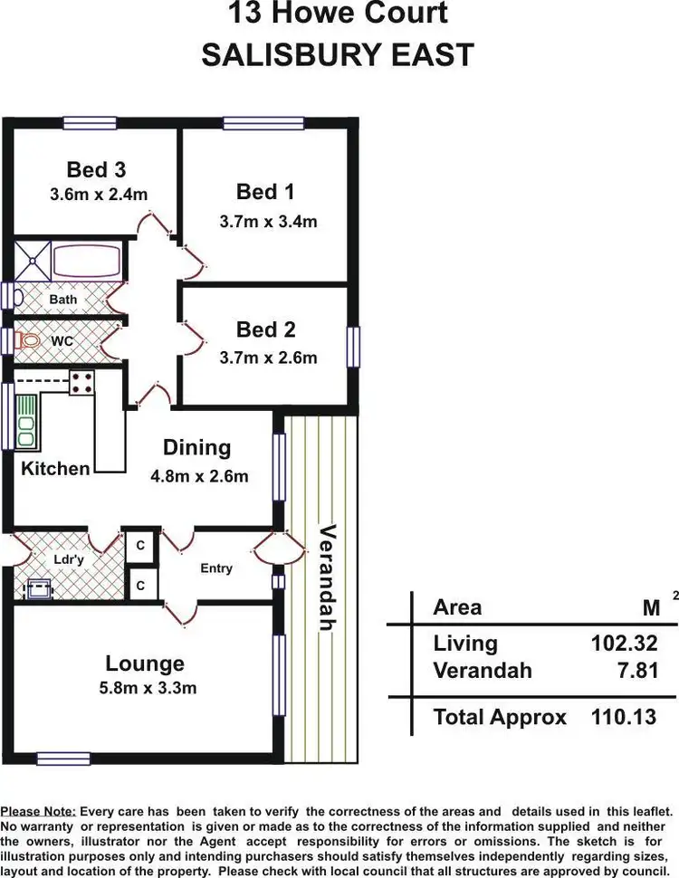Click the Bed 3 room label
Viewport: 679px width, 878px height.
pos(96,169)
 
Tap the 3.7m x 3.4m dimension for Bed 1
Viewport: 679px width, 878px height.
pos(268,221)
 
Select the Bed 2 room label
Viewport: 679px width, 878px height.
pos(265,329)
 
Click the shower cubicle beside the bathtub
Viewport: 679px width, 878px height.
pos(32,261)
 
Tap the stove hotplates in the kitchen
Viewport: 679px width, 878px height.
pos(82,383)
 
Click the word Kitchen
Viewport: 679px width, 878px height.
pos(55,469)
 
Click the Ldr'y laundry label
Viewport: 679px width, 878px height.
pos(69,559)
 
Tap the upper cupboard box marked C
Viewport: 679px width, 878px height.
pos(141,546)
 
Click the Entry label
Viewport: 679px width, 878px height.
pos(216,568)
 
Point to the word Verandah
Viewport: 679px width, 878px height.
pos(327,577)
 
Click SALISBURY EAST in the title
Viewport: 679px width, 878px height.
pos(337,54)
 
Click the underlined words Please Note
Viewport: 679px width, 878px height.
pos(38,812)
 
